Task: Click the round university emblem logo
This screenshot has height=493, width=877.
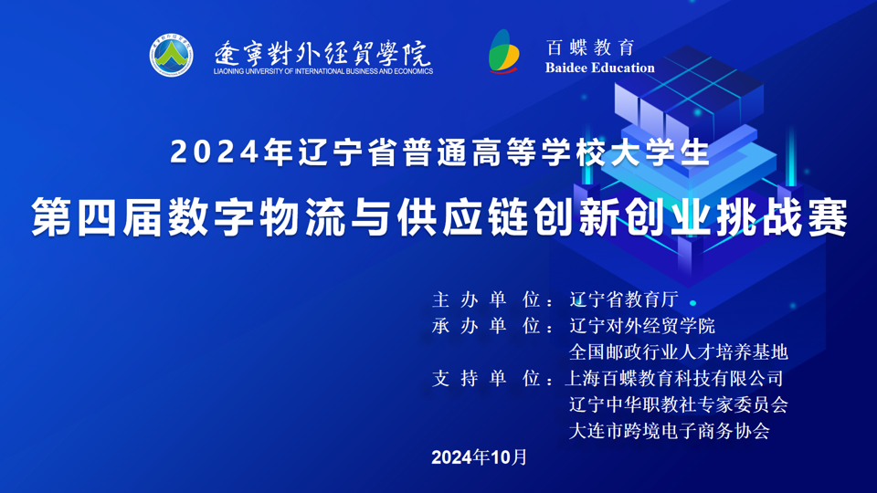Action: pyautogui.click(x=171, y=55)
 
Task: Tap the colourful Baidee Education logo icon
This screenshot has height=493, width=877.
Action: pyautogui.click(x=504, y=51)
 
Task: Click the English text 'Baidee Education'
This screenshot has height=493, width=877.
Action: pyautogui.click(x=599, y=68)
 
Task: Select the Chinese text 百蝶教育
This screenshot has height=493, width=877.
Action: pyautogui.click(x=591, y=47)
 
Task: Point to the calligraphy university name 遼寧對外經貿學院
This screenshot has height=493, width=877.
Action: pyautogui.click(x=322, y=54)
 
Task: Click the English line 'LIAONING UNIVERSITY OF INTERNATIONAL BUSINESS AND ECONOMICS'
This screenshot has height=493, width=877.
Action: pyautogui.click(x=323, y=71)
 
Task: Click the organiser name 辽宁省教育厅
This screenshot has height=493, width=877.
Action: pyautogui.click(x=624, y=299)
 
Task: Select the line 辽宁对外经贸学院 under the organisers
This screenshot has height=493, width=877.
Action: pyautogui.click(x=642, y=326)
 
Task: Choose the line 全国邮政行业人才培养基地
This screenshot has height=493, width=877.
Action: pyautogui.click(x=679, y=352)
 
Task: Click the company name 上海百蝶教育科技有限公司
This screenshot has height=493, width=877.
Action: pyautogui.click(x=674, y=378)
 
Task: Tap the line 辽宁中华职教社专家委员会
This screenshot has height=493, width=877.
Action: pyautogui.click(x=679, y=404)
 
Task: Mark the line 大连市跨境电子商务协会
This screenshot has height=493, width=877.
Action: pyautogui.click(x=670, y=431)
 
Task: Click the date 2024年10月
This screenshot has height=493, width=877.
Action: pyautogui.click(x=480, y=457)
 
